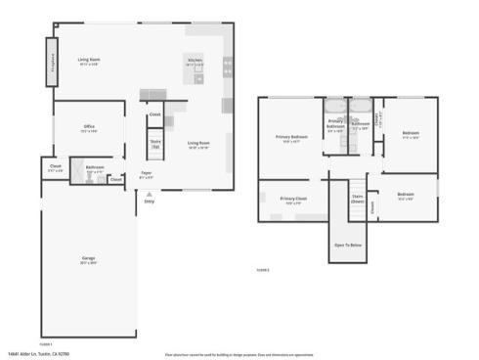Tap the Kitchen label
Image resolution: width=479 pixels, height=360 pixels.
click(196, 60)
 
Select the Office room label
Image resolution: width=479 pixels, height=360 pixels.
click(88, 128)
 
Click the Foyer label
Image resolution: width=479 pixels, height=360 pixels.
click(146, 174)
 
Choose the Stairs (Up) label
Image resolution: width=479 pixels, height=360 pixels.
click(154, 143)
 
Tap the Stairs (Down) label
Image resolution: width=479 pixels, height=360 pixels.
click(358, 198)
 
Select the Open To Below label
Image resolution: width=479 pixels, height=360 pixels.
click(348, 245)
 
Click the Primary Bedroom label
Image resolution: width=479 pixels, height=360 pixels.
click(291, 137)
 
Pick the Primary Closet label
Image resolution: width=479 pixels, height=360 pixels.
click(293, 199)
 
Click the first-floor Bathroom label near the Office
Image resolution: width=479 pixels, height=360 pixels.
click(95, 168)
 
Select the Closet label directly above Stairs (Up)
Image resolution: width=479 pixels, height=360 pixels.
click(154, 114)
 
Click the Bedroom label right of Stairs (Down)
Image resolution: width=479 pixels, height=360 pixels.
click(406, 195)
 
